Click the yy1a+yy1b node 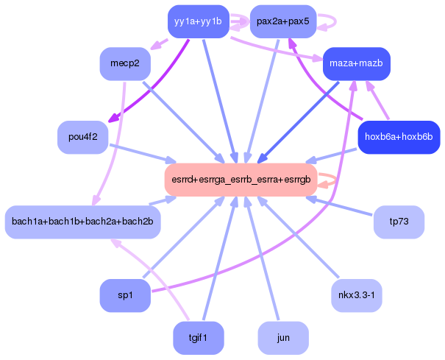[198, 21]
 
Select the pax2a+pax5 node [283, 21]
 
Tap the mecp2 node [125, 63]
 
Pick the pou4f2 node [82, 137]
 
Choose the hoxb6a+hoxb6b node [398, 137]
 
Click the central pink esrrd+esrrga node [241, 180]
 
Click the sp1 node [125, 295]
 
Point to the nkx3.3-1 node [356, 295]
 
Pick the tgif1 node [198, 338]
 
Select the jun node [283, 338]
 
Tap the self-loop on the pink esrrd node [332, 180]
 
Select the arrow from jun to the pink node [263, 258]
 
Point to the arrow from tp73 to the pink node [346, 208]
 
